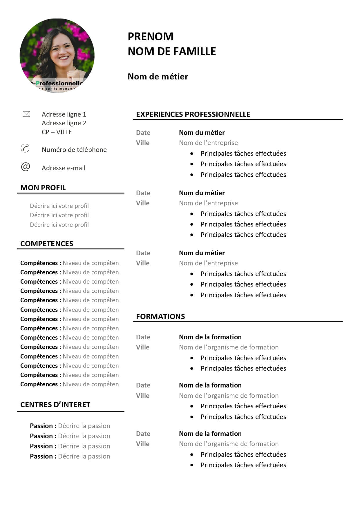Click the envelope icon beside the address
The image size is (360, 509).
point(26,114)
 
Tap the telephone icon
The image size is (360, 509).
point(25,148)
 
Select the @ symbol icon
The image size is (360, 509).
point(26,167)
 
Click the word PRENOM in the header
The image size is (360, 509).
point(150,37)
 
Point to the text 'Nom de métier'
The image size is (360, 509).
point(158,77)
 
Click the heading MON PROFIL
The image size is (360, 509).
point(43,188)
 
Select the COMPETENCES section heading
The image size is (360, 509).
point(47,244)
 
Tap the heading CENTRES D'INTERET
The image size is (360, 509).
point(55,405)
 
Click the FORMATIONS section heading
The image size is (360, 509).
point(160,316)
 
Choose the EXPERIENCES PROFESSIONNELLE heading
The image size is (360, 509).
point(193,114)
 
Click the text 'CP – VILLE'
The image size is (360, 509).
point(57,132)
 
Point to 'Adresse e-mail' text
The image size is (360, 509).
point(64,168)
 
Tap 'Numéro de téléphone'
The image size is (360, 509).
point(74,150)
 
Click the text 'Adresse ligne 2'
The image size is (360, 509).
point(64,123)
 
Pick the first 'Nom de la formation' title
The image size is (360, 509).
point(210,337)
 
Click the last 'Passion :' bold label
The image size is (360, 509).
point(43,456)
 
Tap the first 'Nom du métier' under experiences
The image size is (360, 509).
point(202,133)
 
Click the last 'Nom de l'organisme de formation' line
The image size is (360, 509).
point(229,444)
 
